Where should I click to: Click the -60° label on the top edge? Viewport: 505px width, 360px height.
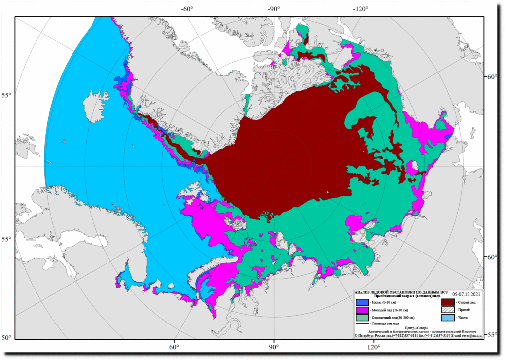(186, 9)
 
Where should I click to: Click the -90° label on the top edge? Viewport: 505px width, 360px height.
(274, 9)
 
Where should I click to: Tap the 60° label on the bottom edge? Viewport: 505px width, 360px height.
(174, 347)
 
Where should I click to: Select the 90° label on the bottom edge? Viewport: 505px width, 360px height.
(274, 347)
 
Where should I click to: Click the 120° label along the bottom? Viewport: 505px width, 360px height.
(373, 347)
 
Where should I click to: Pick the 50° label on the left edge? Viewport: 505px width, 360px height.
(6, 338)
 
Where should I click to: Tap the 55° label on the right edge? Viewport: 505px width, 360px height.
(492, 335)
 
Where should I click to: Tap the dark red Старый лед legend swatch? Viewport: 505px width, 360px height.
(448, 302)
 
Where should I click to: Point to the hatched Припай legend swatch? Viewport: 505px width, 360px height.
(448, 310)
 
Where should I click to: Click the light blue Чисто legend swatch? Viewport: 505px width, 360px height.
(448, 318)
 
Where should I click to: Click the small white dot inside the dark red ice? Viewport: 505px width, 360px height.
(328, 192)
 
